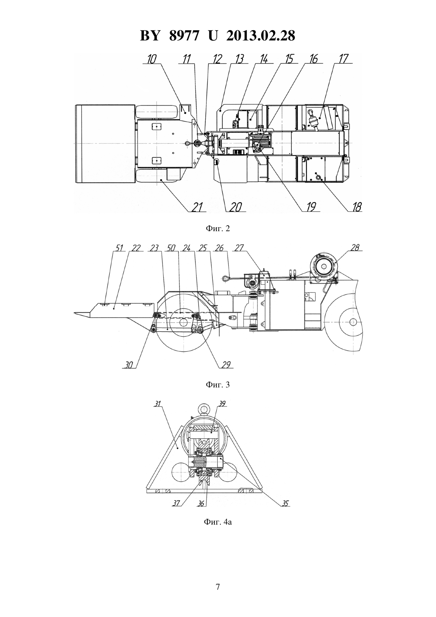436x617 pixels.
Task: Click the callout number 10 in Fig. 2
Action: coord(152,59)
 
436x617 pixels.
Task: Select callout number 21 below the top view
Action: coord(197,207)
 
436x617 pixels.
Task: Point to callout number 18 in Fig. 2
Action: coord(356,207)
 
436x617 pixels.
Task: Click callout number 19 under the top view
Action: coord(311,207)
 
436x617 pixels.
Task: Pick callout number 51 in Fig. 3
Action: coord(119,248)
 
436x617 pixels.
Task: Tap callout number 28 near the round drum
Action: coord(355,247)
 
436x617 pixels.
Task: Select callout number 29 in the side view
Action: coord(226,365)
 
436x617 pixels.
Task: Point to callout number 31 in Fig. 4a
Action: coord(157,404)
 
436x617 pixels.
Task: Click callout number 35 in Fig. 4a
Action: coord(285,503)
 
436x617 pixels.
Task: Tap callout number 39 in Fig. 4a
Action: coord(222,404)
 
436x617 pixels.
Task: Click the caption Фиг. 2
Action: coord(218,229)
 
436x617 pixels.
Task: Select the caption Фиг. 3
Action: coord(218,385)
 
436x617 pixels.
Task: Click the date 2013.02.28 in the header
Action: coord(261,36)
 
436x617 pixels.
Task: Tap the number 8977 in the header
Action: coord(184,36)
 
